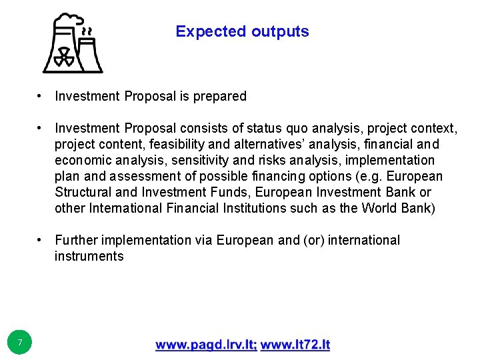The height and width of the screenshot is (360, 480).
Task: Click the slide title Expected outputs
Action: (242, 31)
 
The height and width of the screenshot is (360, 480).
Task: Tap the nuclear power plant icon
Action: (72, 44)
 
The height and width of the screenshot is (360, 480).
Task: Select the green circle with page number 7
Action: (20, 343)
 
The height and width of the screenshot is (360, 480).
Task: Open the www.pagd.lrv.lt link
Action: (206, 345)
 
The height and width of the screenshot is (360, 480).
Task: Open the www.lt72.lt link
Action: (295, 345)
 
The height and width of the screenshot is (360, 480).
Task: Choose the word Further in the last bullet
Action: (75, 240)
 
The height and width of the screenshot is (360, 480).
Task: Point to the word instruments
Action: (89, 256)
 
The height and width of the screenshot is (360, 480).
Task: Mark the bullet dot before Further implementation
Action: (41, 240)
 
